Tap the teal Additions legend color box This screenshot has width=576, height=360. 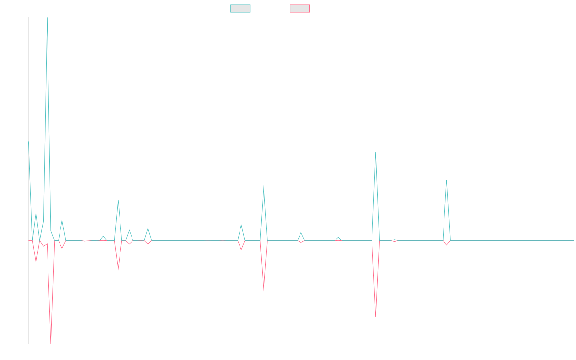point(240,9)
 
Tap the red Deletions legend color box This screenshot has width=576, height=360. point(300,9)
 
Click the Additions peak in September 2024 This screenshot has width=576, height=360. point(375,152)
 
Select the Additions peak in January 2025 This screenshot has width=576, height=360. point(446,180)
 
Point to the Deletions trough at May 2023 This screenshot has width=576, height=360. point(118,269)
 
